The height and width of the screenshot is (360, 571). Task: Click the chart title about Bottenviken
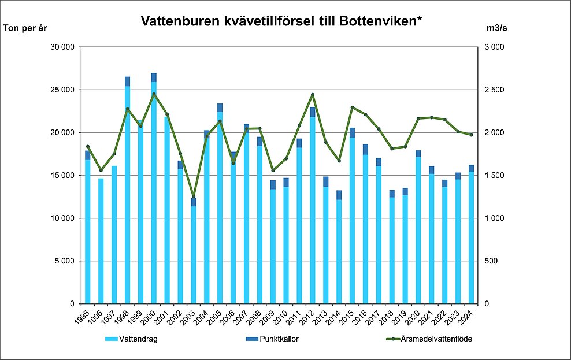[282, 22]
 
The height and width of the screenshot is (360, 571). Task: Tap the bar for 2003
[194, 254]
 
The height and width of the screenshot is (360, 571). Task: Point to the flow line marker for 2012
[313, 95]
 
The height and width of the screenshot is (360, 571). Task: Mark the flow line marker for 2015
[352, 107]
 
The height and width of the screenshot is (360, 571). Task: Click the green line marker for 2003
[194, 196]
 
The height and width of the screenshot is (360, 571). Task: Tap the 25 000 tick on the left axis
[64, 90]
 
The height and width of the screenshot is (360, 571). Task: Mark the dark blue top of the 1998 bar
[127, 81]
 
